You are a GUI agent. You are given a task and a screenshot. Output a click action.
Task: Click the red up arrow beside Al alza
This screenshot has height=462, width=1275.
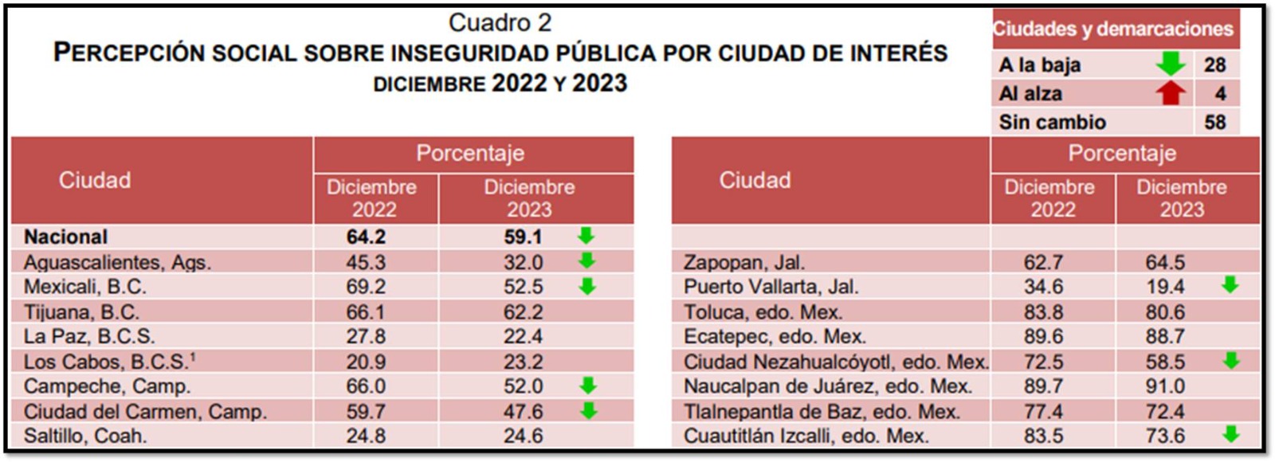click(1170, 93)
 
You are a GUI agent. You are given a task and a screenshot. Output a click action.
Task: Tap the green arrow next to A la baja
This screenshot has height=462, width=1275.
click(1170, 64)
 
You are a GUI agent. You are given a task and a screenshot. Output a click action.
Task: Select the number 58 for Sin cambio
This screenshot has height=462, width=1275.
click(1214, 122)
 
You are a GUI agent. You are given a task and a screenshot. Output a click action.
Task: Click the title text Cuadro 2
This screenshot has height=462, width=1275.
click(500, 22)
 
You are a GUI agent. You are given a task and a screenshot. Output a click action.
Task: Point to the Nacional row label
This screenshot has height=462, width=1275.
click(65, 237)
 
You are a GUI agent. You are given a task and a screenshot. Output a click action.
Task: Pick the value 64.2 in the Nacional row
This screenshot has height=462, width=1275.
click(366, 237)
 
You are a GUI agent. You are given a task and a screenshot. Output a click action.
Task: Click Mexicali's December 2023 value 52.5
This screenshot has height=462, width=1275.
click(523, 287)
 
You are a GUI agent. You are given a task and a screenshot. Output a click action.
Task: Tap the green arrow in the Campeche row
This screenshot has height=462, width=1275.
click(587, 386)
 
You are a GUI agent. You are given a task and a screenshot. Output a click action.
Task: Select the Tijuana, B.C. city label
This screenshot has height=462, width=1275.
click(81, 312)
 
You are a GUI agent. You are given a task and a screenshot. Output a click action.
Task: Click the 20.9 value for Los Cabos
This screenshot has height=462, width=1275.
click(366, 362)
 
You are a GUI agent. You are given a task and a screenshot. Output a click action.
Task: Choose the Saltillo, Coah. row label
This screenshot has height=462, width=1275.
click(85, 437)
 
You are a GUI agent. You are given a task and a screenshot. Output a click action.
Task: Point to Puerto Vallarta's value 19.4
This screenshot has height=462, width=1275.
click(1165, 287)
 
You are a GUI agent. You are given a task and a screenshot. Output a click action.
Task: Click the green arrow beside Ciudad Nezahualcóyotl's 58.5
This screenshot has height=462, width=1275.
click(1231, 361)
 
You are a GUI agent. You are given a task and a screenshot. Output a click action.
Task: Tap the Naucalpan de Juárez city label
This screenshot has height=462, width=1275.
click(827, 386)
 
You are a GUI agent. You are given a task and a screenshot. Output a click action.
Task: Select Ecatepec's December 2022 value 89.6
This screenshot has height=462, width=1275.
click(1043, 337)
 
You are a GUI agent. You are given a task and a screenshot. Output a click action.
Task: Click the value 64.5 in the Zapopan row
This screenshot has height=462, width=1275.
click(1165, 262)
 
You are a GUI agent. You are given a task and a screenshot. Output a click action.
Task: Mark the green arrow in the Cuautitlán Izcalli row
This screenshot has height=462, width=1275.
click(1231, 435)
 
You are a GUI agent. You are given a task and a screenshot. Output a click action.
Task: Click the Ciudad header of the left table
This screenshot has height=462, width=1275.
click(95, 180)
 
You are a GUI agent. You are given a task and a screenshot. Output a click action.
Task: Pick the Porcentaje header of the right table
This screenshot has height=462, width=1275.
click(1122, 153)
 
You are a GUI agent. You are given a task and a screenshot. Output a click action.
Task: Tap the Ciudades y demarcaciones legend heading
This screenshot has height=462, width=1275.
click(1112, 29)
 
